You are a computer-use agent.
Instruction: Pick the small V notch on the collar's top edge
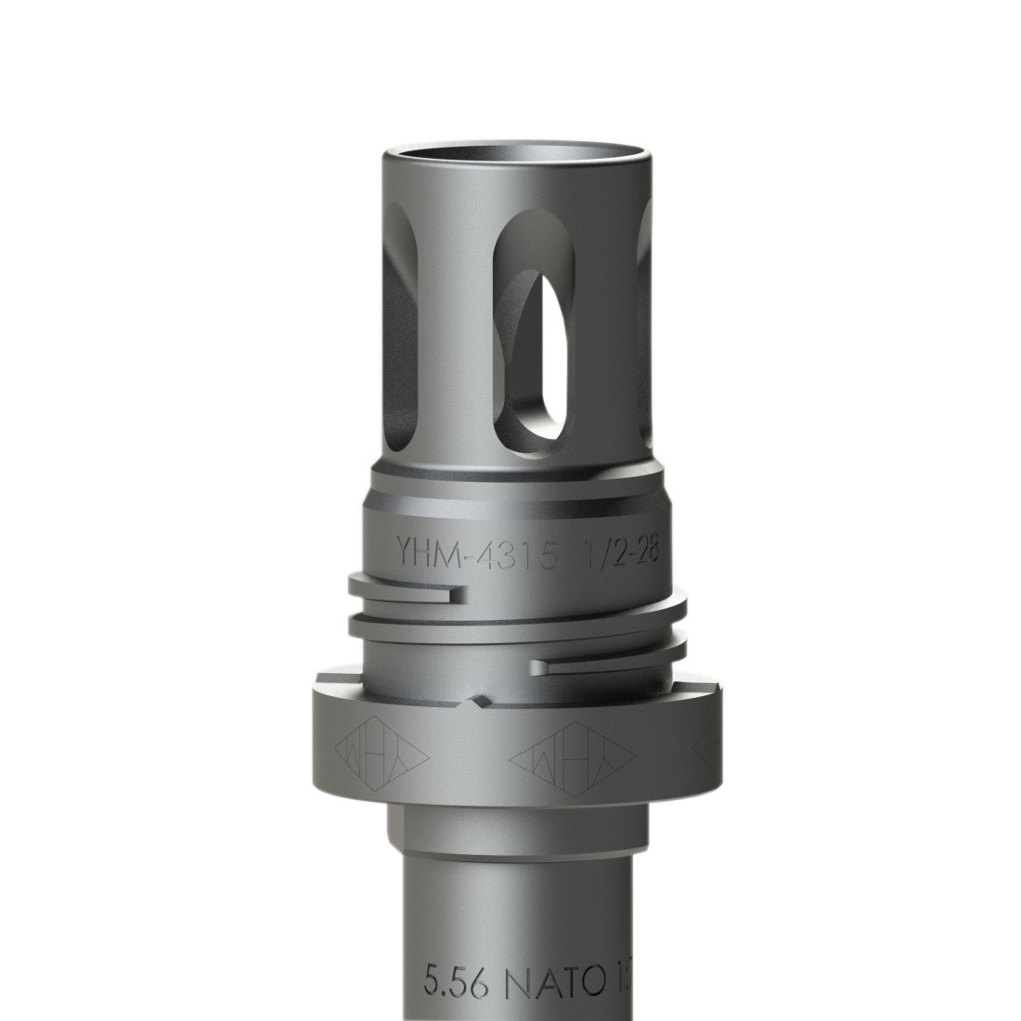pos(479,698)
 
